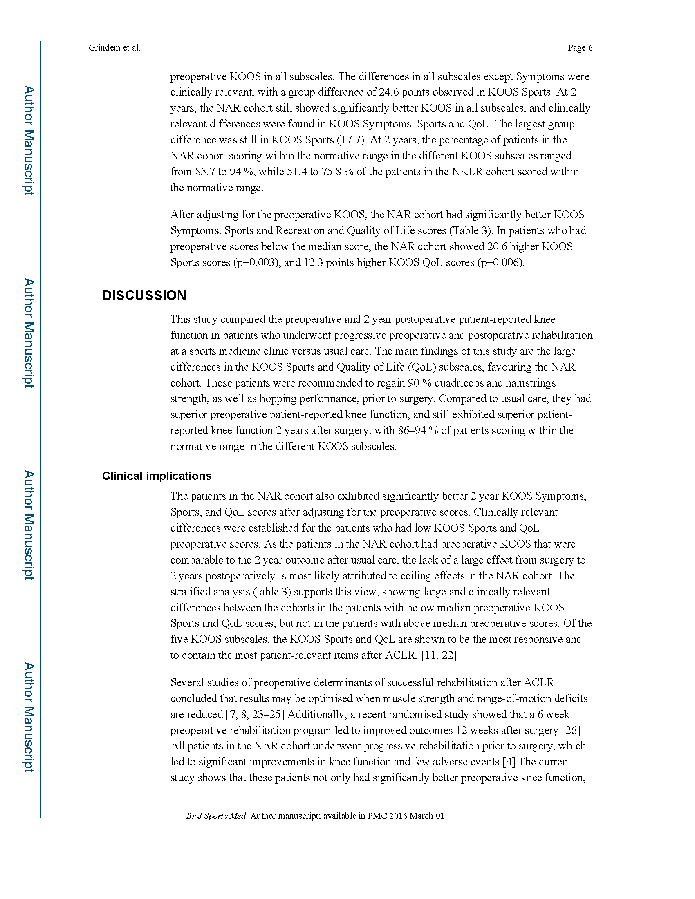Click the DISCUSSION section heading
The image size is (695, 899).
(144, 295)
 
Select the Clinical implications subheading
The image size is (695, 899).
(157, 476)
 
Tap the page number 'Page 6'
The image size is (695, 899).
(580, 48)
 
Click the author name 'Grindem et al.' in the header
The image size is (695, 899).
(114, 48)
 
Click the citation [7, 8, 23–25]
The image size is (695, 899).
(255, 714)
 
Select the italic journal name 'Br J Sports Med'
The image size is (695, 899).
(216, 816)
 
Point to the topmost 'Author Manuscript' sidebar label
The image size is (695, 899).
(29, 140)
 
